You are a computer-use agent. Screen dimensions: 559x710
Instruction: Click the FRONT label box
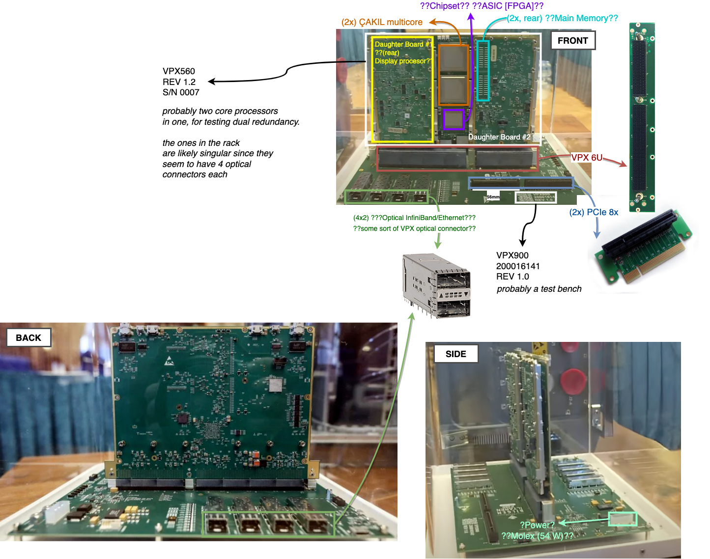pos(573,41)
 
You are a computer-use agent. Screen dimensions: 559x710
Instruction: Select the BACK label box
pos(28,338)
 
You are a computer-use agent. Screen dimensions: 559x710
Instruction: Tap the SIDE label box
pos(455,354)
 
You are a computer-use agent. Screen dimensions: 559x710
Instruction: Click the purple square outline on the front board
pos(454,119)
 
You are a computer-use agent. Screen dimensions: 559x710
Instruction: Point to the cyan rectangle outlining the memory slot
pos(483,71)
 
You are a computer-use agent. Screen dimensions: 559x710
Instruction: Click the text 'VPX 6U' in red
pos(587,158)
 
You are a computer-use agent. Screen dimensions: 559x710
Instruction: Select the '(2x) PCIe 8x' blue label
pos(594,212)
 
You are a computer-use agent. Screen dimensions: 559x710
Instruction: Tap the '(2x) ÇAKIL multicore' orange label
pos(382,22)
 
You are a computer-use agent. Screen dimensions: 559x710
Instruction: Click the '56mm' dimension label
pos(493,197)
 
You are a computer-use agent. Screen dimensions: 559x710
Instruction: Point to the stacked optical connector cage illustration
pos(436,285)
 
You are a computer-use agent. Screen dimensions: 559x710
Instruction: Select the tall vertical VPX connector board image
pos(641,118)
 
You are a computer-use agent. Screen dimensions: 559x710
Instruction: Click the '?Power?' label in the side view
pos(537,525)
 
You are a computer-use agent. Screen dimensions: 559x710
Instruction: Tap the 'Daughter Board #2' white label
pos(499,137)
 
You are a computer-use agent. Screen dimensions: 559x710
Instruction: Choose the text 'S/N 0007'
pos(181,92)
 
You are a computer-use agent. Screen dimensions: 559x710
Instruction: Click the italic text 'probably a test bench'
pos(539,289)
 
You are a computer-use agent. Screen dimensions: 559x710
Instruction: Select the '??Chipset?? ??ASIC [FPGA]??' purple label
pos(482,6)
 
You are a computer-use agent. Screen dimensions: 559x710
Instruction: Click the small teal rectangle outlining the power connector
pos(623,519)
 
